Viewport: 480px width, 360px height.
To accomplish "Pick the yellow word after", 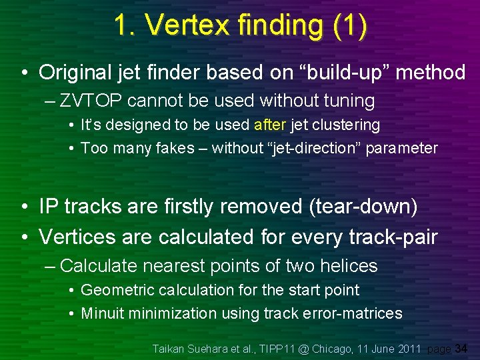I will (x=269, y=125).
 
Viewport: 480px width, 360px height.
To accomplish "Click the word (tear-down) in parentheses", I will (x=363, y=207).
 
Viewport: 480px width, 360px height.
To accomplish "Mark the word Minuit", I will (x=102, y=313).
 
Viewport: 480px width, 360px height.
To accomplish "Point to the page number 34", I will (x=461, y=349).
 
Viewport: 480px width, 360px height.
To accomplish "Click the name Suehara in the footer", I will (x=211, y=349).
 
